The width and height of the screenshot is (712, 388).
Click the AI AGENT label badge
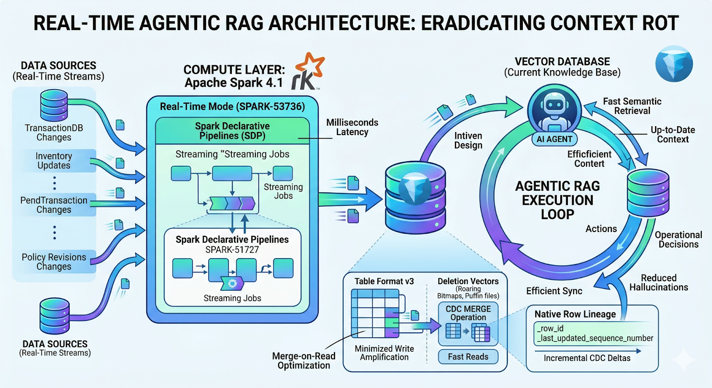click(x=554, y=139)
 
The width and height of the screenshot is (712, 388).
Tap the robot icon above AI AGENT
click(x=554, y=111)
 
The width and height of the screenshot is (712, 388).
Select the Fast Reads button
click(x=468, y=356)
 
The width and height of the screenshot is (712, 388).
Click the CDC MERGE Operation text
click(x=468, y=313)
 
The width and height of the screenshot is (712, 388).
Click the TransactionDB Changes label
click(x=54, y=132)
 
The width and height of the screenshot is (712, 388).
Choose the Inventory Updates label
click(x=54, y=160)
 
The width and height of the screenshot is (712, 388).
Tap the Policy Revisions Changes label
click(x=54, y=262)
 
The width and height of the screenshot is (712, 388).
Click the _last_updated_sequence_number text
click(x=595, y=338)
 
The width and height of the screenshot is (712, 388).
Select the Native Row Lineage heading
click(x=575, y=314)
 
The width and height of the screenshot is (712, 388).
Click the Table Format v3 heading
click(x=384, y=281)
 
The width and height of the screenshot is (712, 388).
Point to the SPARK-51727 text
click(x=232, y=250)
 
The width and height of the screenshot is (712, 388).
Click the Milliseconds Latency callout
click(x=352, y=127)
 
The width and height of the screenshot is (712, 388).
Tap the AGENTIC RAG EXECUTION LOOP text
click(x=558, y=200)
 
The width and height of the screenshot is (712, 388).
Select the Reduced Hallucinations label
click(x=659, y=283)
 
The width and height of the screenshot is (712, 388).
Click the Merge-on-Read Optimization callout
click(x=303, y=361)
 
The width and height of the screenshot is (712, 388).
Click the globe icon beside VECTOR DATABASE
click(x=674, y=64)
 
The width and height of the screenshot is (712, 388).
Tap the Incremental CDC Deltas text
click(x=587, y=358)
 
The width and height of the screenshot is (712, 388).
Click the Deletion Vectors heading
click(x=468, y=281)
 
